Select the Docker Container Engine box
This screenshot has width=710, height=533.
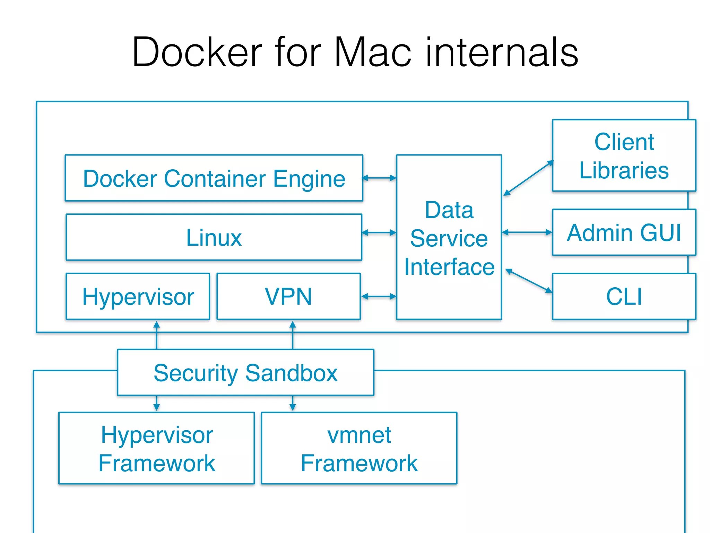[214, 178]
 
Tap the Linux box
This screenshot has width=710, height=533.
[214, 237]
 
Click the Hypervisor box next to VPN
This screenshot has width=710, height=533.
[138, 297]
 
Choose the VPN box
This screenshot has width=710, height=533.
[288, 297]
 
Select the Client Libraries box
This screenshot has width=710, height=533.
[624, 156]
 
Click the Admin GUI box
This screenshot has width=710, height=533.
[624, 232]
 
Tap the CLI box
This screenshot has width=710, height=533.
[624, 297]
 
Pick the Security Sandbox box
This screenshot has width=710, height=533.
[245, 373]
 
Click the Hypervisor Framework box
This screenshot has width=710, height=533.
[157, 448]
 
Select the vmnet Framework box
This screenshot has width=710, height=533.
[359, 448]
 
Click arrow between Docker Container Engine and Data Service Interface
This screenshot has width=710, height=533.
[379, 178]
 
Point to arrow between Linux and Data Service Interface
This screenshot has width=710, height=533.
[379, 232]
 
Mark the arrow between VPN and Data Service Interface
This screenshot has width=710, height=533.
[379, 296]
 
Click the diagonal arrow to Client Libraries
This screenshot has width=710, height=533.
[528, 178]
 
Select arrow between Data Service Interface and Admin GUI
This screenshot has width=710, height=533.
[527, 232]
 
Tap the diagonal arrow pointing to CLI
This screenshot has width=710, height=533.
[529, 281]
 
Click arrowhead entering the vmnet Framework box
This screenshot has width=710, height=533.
[293, 407]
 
